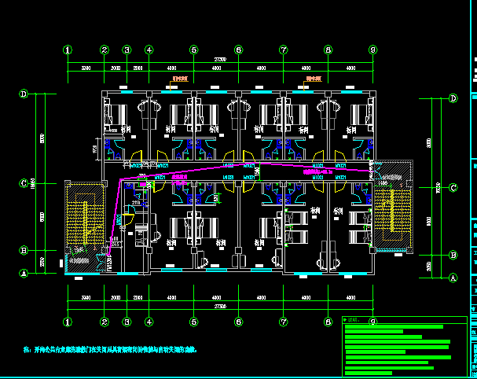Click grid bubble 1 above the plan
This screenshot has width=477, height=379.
pos(68,50)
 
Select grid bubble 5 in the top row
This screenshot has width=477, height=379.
pos(193,50)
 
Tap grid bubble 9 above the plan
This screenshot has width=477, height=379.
pos(372,50)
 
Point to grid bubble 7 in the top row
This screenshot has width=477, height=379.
pos(283,50)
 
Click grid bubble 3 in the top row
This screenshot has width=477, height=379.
pos(127,50)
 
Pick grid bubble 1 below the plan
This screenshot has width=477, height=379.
pos(68,322)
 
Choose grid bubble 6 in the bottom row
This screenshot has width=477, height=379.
pos(238,322)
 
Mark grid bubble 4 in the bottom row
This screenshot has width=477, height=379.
pos(149,322)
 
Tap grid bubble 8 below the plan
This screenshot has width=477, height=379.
pos(328,322)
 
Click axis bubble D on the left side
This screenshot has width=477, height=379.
pos(24,94)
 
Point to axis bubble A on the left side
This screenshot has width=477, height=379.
pos(24,274)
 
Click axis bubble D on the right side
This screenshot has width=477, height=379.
pos(453,99)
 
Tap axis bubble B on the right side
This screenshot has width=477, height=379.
pos(453,255)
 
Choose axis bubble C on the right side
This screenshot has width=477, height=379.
pos(453,188)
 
